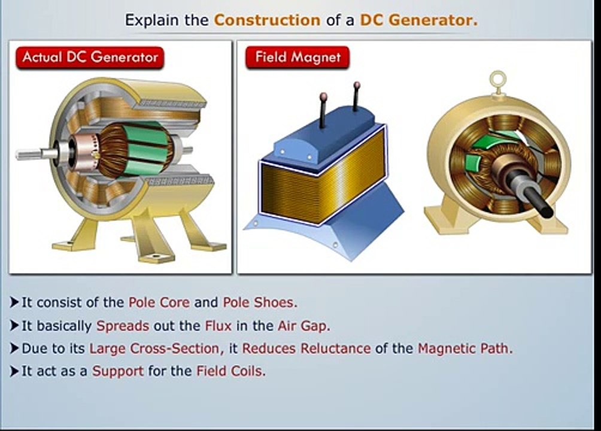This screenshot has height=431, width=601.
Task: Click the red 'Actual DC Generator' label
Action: click(x=90, y=58)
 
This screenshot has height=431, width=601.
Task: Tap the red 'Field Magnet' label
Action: click(x=298, y=57)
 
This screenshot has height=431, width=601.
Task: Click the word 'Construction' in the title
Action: click(x=267, y=20)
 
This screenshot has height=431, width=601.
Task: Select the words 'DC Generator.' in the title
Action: click(x=418, y=20)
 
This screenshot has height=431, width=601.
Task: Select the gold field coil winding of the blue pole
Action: click(x=324, y=176)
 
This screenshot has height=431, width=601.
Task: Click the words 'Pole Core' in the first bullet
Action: click(x=159, y=302)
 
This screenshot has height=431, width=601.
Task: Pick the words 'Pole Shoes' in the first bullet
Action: click(x=259, y=302)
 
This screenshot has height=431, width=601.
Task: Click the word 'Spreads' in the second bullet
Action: click(x=123, y=326)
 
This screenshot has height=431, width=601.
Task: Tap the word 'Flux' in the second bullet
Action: click(x=218, y=326)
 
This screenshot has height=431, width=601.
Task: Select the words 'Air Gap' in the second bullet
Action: click(x=302, y=326)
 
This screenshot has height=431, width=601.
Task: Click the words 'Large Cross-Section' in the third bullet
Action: click(x=155, y=348)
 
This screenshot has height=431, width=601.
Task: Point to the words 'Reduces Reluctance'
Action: click(x=306, y=348)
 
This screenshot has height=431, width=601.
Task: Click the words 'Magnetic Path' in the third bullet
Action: click(x=463, y=348)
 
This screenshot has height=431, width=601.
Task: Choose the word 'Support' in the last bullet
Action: click(x=118, y=371)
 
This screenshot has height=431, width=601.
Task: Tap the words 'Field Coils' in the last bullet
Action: click(x=230, y=371)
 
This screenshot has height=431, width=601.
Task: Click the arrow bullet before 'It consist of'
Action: click(x=14, y=302)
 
